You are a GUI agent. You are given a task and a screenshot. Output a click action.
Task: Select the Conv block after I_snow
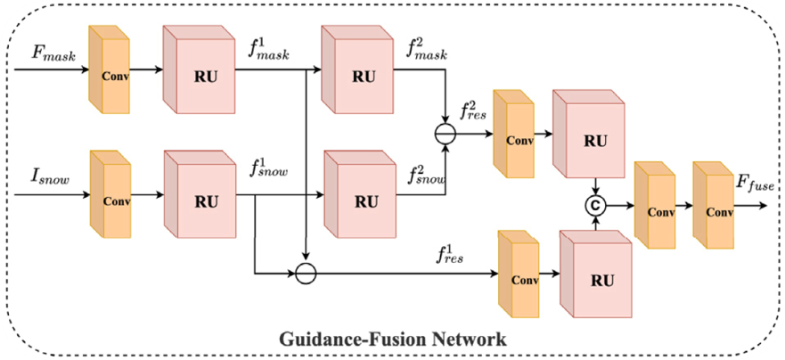110,193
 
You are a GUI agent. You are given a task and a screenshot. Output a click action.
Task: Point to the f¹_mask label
271,52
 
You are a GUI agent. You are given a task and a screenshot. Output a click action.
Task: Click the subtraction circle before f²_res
443,135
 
